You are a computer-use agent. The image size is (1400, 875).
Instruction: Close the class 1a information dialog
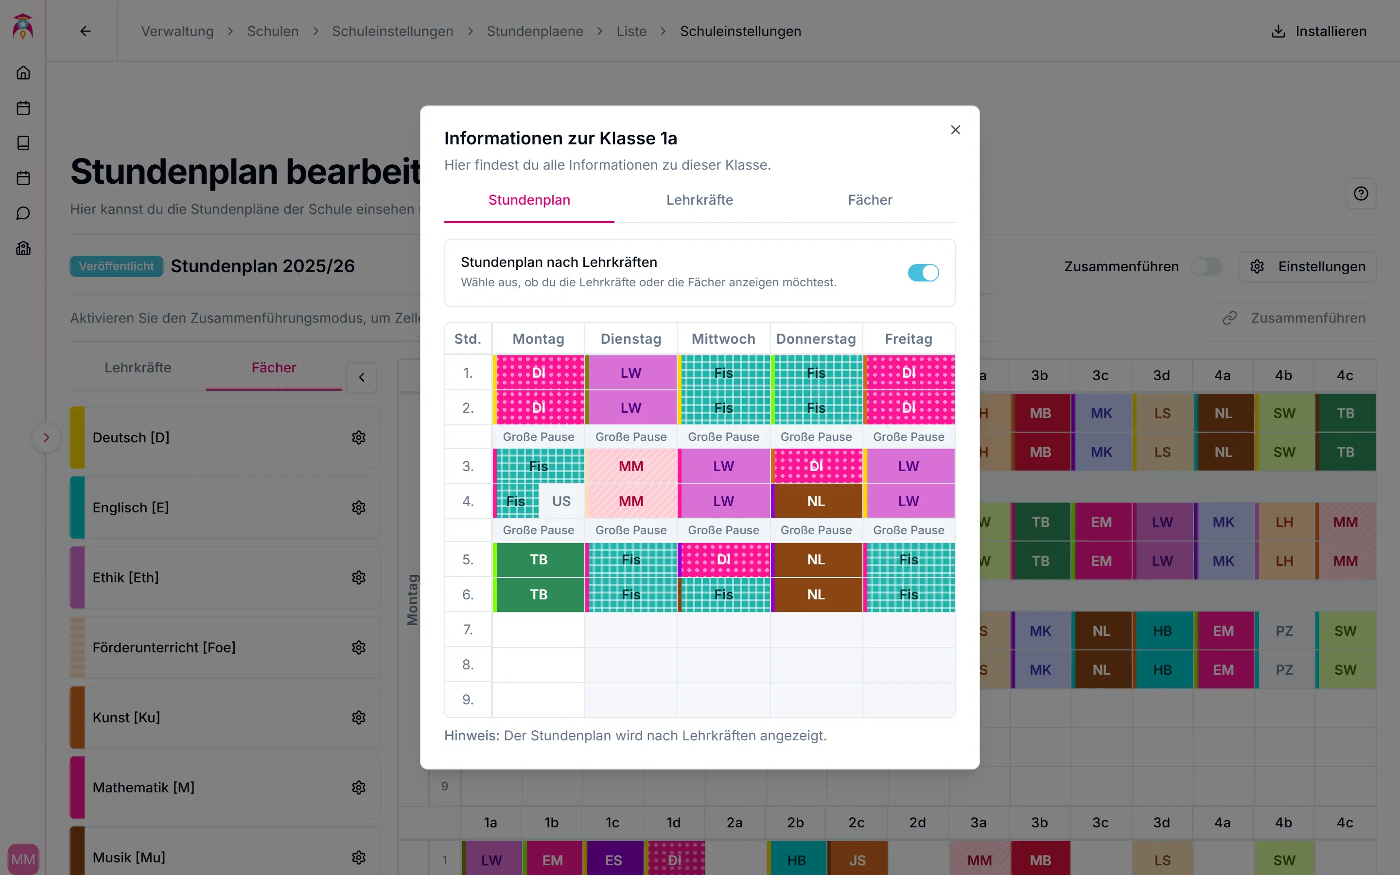[x=955, y=130]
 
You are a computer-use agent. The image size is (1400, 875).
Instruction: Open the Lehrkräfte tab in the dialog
[x=700, y=200]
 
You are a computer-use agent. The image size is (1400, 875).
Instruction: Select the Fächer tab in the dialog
[x=870, y=200]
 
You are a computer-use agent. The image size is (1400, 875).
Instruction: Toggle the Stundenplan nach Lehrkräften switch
[x=923, y=273]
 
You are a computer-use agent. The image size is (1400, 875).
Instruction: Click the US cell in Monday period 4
[x=561, y=501]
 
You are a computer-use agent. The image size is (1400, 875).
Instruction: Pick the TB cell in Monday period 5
[x=539, y=560]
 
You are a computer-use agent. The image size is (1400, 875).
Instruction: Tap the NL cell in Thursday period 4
[x=816, y=501]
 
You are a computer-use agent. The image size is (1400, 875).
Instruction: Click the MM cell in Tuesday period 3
[x=630, y=467]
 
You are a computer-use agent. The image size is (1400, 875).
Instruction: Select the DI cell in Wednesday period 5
[x=723, y=560]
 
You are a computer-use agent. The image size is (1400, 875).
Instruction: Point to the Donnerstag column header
[x=816, y=339]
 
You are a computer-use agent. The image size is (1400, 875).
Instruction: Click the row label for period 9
[x=468, y=700]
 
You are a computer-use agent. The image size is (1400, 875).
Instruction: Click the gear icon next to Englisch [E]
[x=359, y=507]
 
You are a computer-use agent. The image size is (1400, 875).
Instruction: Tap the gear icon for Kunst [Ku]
[x=359, y=717]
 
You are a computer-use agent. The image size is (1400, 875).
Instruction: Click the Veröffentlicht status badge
[x=116, y=267]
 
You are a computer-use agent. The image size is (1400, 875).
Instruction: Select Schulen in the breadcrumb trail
[x=273, y=31]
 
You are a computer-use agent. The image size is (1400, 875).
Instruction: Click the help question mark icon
[x=1361, y=194]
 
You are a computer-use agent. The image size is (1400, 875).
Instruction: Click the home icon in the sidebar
[x=23, y=73]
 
